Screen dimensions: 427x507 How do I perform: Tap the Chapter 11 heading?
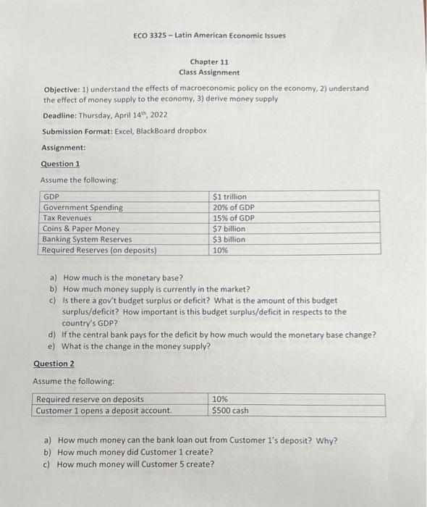click(x=209, y=62)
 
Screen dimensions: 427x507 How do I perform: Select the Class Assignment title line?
click(x=209, y=72)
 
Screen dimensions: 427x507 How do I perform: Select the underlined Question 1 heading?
click(x=60, y=164)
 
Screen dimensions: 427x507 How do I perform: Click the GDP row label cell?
click(x=51, y=196)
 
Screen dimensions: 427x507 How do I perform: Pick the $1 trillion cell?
click(x=229, y=196)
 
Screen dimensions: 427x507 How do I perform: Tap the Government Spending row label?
click(x=83, y=207)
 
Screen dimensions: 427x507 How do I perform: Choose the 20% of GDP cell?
click(x=234, y=207)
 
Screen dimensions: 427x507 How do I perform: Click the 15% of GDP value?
click(x=234, y=218)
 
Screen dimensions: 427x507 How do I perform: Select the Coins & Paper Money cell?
click(x=81, y=229)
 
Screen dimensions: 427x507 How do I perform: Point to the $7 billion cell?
click(x=229, y=229)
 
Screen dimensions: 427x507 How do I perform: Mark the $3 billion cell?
click(x=229, y=239)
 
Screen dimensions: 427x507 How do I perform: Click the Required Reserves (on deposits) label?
click(x=99, y=250)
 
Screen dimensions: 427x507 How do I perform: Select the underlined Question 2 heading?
click(x=53, y=364)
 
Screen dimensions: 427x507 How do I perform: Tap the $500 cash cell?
click(x=230, y=410)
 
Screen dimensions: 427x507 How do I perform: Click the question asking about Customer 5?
click(x=135, y=464)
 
